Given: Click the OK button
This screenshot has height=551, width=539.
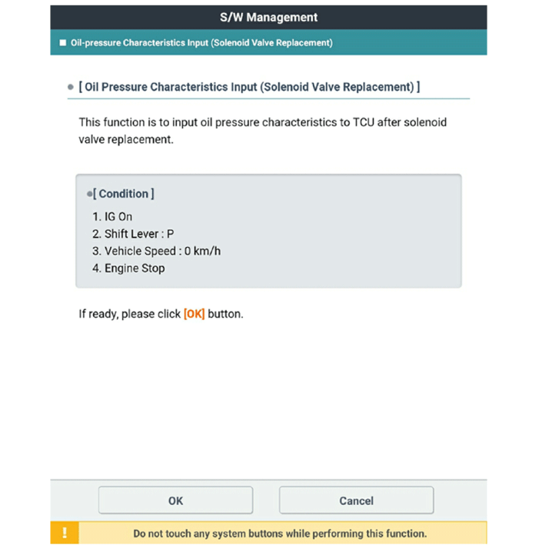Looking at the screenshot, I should click(x=175, y=500).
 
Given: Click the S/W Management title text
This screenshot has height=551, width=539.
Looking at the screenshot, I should click(x=268, y=17).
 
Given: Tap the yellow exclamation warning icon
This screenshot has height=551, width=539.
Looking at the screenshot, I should click(x=65, y=533).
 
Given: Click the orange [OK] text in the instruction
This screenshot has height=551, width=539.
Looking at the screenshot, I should click(x=194, y=314).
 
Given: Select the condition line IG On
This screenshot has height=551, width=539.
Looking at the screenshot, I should click(x=112, y=216).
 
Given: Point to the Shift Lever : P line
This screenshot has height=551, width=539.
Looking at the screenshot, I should click(x=133, y=234).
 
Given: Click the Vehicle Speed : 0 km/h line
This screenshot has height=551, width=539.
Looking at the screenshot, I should click(x=157, y=251).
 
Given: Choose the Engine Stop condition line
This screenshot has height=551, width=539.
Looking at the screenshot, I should click(x=128, y=269).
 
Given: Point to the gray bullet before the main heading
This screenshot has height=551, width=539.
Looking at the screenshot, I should click(x=70, y=87).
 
